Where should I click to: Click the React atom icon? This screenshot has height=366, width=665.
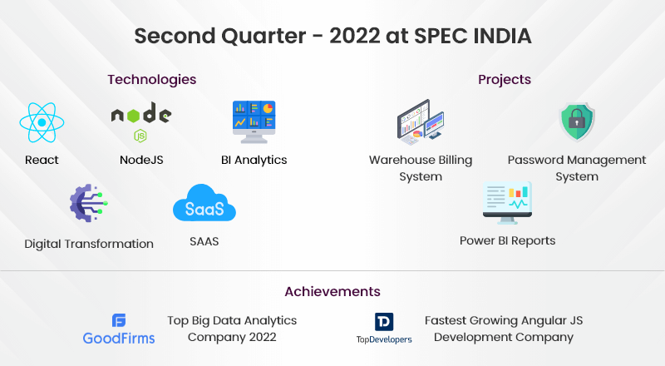[42, 123]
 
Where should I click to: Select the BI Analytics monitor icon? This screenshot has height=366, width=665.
[254, 122]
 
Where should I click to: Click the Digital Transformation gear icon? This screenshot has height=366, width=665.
[89, 203]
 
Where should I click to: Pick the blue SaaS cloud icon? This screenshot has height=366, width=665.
[204, 203]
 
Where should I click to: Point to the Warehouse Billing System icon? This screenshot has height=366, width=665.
[421, 122]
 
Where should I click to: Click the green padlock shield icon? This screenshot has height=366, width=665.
[577, 121]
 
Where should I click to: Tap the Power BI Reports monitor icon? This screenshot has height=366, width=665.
[507, 203]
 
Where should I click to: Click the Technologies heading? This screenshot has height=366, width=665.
[152, 79]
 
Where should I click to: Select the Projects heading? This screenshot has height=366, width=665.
[505, 79]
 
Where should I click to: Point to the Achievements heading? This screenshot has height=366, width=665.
[332, 292]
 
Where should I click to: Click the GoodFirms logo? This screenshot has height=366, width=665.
[119, 329]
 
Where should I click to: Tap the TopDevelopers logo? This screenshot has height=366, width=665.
[384, 329]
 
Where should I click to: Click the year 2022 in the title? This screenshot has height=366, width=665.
[355, 36]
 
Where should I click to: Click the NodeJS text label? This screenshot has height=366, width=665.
[141, 160]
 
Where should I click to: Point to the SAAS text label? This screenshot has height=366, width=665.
[204, 241]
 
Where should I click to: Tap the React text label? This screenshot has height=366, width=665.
[42, 160]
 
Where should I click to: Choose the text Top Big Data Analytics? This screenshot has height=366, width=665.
[232, 320]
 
